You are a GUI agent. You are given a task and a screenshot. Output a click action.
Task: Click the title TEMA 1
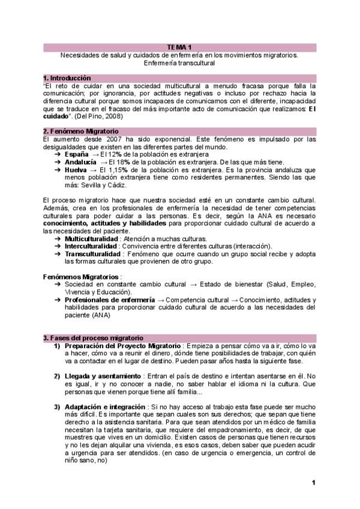pos(180,47)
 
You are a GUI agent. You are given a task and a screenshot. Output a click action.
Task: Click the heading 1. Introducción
pos(67,78)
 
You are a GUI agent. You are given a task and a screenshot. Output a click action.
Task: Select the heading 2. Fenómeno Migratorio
pos(81,131)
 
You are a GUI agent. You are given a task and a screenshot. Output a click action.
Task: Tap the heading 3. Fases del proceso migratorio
pos(93,338)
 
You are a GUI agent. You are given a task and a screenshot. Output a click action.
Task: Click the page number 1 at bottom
pos(313,483)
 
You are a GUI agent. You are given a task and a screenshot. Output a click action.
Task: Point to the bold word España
pos(77,154)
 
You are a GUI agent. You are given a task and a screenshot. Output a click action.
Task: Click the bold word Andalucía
pos(80,162)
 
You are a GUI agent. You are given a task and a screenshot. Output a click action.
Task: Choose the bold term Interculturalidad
pos(91,246)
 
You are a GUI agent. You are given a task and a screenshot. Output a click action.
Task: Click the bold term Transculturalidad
pos(92,254)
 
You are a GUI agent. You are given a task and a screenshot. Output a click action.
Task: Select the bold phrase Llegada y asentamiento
pos(104,376)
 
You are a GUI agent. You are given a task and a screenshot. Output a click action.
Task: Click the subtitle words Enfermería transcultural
pos(180,62)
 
